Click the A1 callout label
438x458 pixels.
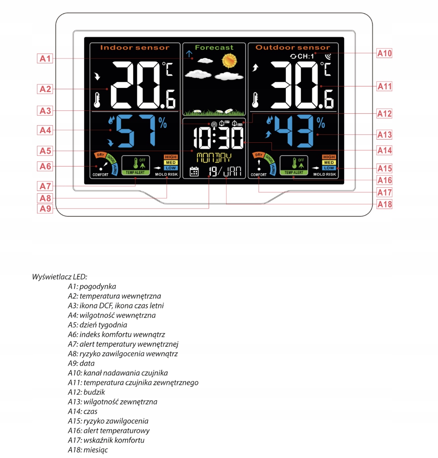pos(45,59)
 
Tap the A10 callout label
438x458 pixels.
pos(384,53)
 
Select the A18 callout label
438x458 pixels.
pos(384,204)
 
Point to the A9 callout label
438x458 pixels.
pos(45,208)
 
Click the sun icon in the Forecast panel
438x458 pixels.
pos(229,60)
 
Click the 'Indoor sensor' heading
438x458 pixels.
pos(135,48)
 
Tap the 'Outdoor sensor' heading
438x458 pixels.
pos(293,48)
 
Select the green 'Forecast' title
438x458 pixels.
pos(214,48)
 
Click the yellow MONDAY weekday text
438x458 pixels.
pos(214,157)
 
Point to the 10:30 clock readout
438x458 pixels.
pos(218,138)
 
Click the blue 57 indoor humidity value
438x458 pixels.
pos(136,130)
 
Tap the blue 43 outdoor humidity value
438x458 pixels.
pos(294,130)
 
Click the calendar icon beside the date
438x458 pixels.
pos(194,172)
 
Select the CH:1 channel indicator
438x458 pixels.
pos(303,56)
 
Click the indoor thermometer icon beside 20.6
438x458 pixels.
pos(97,100)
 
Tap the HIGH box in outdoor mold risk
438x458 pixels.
pos(329,157)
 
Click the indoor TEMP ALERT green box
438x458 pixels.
pos(135,165)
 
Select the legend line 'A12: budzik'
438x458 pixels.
pos(86,392)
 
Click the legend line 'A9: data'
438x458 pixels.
pos(81,363)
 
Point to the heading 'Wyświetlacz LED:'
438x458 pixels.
pos(60,277)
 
